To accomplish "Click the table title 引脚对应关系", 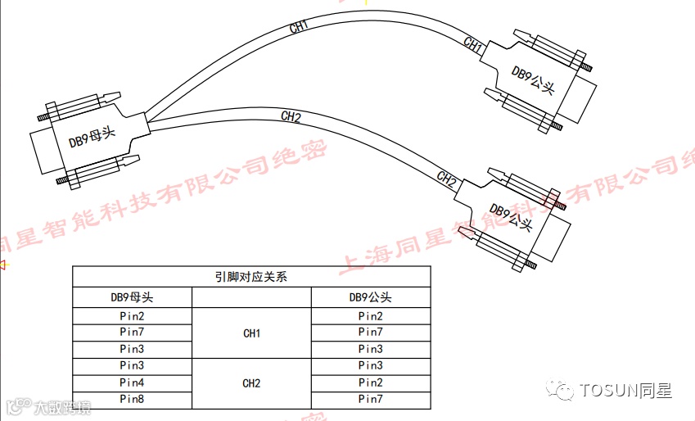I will (x=251, y=277).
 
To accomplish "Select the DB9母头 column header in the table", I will (x=132, y=297).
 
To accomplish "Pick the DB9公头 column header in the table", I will (x=370, y=297).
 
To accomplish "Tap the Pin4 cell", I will (x=132, y=383).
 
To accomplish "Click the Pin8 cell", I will (x=132, y=399).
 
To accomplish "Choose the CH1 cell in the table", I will (x=251, y=333).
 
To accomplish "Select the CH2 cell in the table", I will (x=251, y=383).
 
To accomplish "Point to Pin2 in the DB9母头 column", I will (x=132, y=316).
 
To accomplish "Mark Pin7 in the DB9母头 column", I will (x=132, y=333).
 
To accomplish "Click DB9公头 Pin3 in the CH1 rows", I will (x=370, y=349).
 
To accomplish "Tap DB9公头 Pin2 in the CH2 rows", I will (x=370, y=383).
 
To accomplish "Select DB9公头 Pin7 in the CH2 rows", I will (x=370, y=399).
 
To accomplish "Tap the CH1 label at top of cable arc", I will (x=299, y=27).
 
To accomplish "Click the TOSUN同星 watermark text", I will (x=625, y=391).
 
